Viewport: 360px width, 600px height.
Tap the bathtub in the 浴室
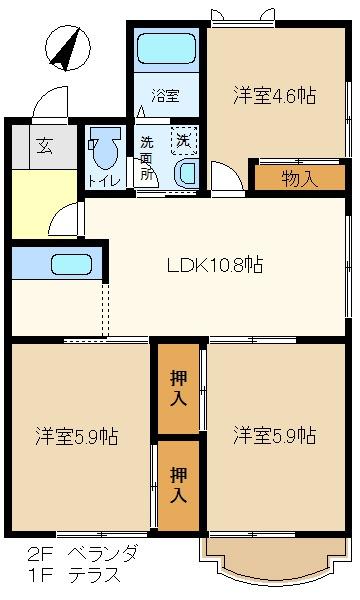pyautogui.click(x=166, y=49)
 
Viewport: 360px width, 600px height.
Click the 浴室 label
pyautogui.click(x=165, y=95)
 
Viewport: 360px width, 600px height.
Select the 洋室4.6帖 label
pyautogui.click(x=275, y=95)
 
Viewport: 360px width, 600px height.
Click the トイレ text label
pyautogui.click(x=105, y=181)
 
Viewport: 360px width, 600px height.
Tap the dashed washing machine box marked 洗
pyautogui.click(x=184, y=141)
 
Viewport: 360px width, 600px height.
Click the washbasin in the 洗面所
pyautogui.click(x=186, y=174)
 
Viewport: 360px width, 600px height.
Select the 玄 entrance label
pyautogui.click(x=44, y=146)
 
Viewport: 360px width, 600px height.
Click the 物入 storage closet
pyautogui.click(x=300, y=177)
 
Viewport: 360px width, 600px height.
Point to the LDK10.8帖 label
pyautogui.click(x=215, y=264)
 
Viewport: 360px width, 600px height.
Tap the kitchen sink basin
pyautogui.click(x=72, y=264)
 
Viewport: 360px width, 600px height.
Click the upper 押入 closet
pyautogui.click(x=178, y=389)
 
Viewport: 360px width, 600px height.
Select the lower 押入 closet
pyautogui.click(x=178, y=486)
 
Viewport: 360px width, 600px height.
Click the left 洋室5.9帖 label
pyautogui.click(x=77, y=436)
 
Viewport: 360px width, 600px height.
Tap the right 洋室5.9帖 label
pyautogui.click(x=275, y=436)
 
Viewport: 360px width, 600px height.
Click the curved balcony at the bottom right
pyautogui.click(x=275, y=574)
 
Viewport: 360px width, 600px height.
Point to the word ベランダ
pyautogui.click(x=103, y=554)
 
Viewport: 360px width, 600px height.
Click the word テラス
pyautogui.click(x=94, y=575)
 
